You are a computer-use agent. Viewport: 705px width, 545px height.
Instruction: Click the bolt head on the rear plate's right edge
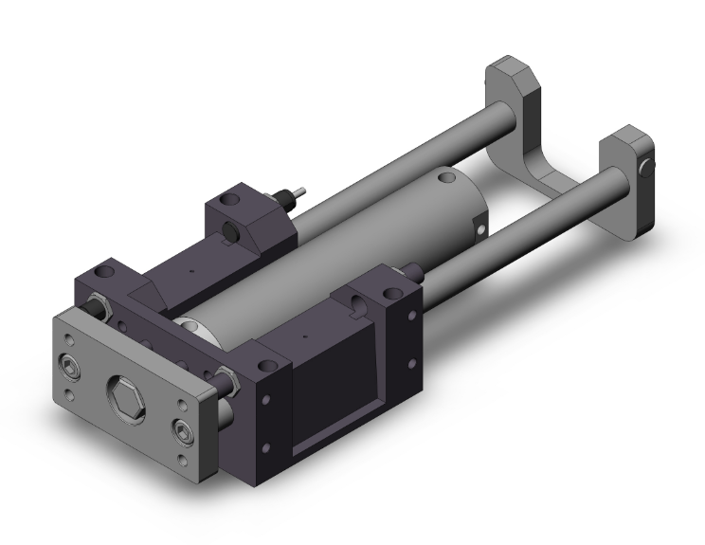click(645, 170)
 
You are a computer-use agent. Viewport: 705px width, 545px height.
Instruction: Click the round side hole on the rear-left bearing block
click(233, 232)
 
